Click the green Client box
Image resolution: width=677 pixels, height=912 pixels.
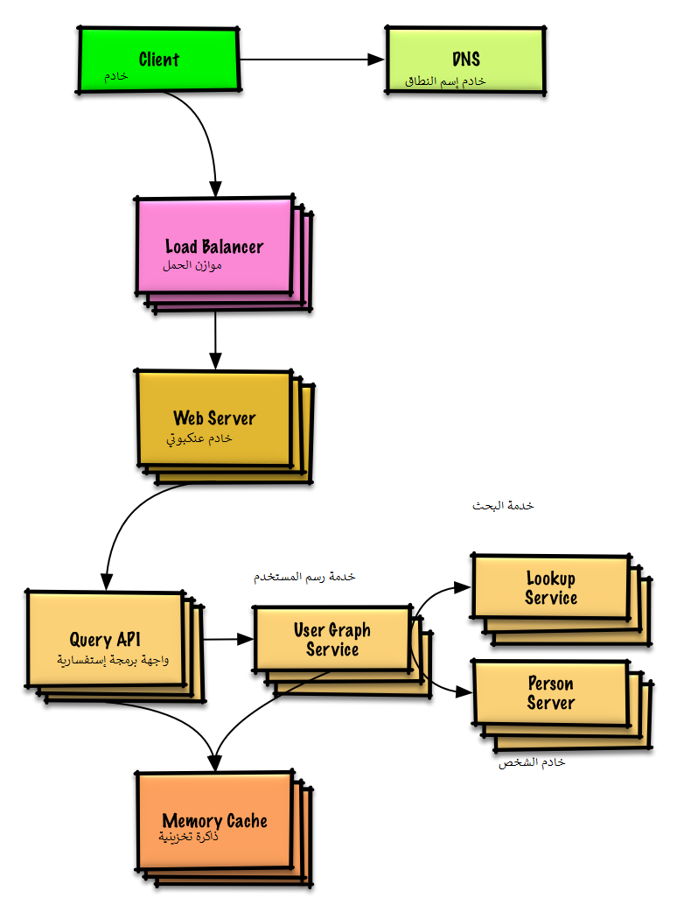[158, 59]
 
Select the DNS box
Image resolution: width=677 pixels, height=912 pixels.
[465, 60]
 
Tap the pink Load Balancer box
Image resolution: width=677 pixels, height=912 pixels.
[214, 246]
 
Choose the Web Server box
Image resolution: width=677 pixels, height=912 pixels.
[214, 417]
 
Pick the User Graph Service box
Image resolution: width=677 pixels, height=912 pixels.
[332, 640]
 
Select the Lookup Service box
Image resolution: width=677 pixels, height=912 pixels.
[551, 588]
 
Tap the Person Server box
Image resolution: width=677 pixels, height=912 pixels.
[551, 692]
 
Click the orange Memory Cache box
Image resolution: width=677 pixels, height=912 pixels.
[214, 821]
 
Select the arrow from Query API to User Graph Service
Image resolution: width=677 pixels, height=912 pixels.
[228, 640]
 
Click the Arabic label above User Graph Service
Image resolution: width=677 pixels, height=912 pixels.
[304, 577]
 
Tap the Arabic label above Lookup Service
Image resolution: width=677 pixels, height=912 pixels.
[503, 506]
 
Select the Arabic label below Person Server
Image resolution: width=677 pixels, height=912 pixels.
[532, 762]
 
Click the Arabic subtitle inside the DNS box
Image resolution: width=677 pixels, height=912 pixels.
[445, 81]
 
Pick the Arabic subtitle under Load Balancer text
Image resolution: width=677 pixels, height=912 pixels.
[192, 264]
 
